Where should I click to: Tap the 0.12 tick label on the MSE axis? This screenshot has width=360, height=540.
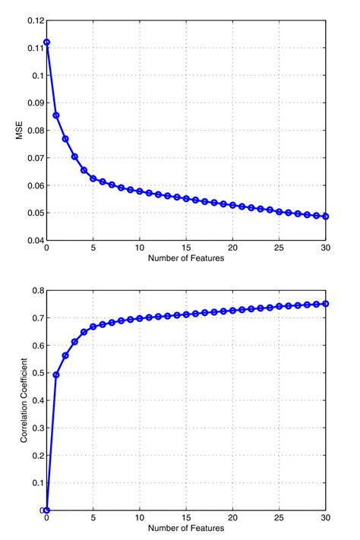pos(33,21)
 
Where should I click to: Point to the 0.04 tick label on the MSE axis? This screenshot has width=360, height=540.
pos(33,240)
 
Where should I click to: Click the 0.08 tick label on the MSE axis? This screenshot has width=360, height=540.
pos(33,131)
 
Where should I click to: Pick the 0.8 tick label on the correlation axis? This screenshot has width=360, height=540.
pos(36,291)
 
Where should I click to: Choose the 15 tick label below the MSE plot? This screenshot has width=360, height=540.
pos(186,248)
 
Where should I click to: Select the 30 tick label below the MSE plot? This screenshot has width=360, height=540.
pos(326,248)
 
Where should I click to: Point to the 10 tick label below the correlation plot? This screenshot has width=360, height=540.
pos(140,518)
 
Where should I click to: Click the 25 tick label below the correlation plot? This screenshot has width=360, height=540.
pos(279,518)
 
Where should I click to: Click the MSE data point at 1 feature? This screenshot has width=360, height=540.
pos(56,115)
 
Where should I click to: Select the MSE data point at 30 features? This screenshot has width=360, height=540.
pos(326,216)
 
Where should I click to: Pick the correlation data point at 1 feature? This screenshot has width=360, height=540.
pos(56,374)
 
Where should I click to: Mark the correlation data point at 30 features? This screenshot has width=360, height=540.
pos(326,304)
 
